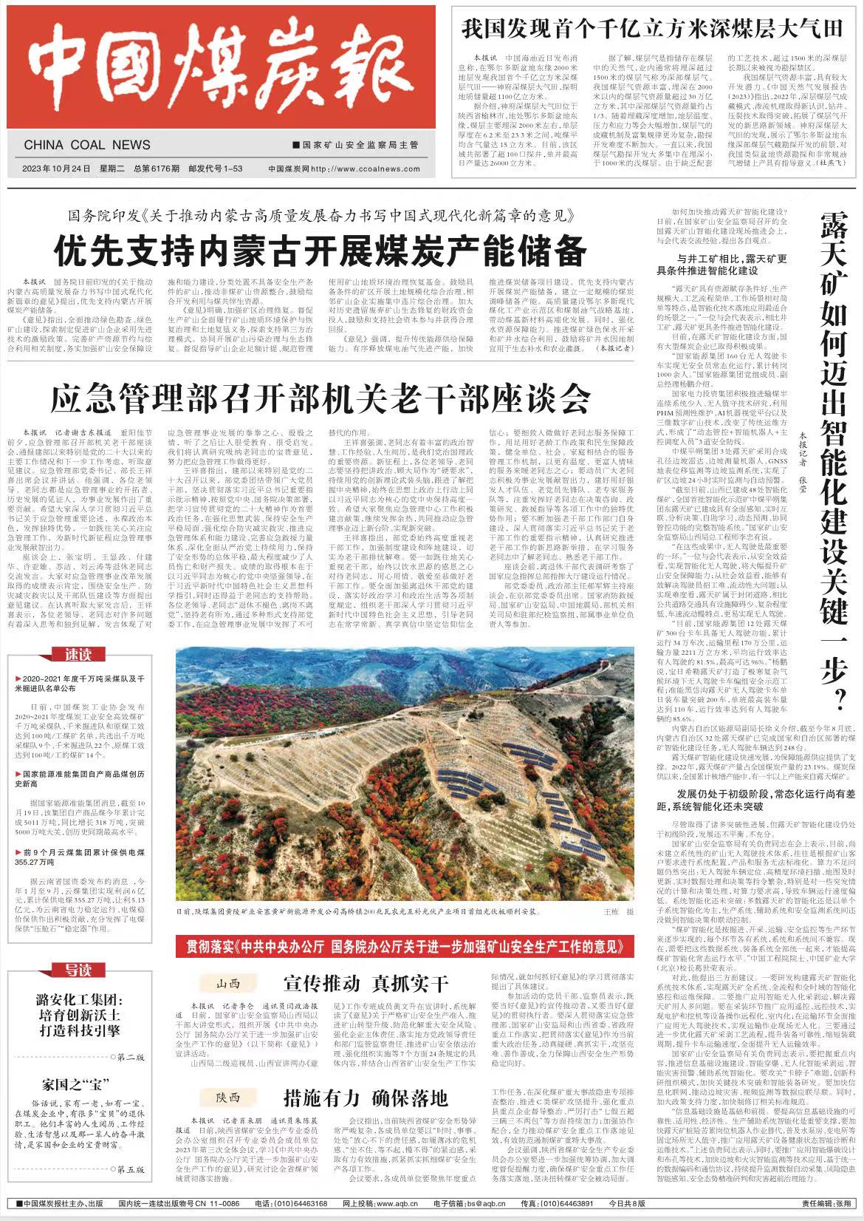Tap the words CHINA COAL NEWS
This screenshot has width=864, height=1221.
[x=87, y=145]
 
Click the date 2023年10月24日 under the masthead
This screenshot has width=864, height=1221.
[x=56, y=169]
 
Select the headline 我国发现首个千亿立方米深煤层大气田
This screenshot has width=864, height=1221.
[x=652, y=30]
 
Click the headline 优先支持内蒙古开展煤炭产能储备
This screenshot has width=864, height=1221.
[x=320, y=251]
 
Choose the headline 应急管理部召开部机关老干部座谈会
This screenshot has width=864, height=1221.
[x=320, y=398]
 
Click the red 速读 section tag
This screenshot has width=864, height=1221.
[x=77, y=655]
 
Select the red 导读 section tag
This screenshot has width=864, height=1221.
[x=77, y=970]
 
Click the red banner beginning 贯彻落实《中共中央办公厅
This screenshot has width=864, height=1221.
[x=405, y=946]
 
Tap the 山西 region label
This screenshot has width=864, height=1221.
[x=229, y=984]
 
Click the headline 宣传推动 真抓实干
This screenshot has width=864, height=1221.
[x=366, y=984]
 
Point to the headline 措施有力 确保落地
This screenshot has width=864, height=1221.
[x=366, y=1097]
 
